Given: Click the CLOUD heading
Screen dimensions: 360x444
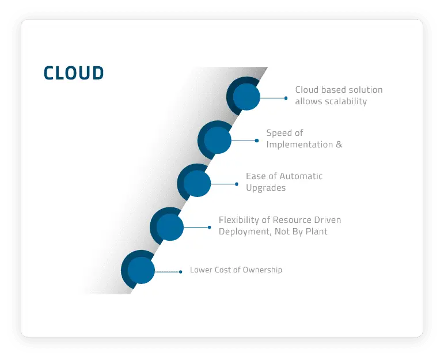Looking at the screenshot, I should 74,73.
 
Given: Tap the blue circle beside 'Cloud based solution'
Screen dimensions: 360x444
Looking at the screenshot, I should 246,97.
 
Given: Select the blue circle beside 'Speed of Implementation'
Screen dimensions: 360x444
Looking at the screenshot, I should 217,140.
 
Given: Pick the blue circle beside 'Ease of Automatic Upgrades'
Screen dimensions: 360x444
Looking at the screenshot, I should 197,183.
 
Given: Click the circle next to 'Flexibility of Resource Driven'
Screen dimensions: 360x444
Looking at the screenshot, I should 169,227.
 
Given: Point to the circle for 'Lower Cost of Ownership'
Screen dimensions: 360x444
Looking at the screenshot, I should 141,270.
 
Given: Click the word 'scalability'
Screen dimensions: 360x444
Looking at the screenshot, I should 344,101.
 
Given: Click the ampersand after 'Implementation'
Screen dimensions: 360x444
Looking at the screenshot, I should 339,145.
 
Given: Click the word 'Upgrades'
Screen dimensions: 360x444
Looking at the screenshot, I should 265,188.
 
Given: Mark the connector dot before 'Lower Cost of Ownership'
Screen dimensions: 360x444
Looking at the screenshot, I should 181,271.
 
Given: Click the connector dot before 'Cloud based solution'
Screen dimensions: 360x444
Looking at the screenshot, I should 286,98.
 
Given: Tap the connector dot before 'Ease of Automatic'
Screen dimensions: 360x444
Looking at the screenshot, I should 237,184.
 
